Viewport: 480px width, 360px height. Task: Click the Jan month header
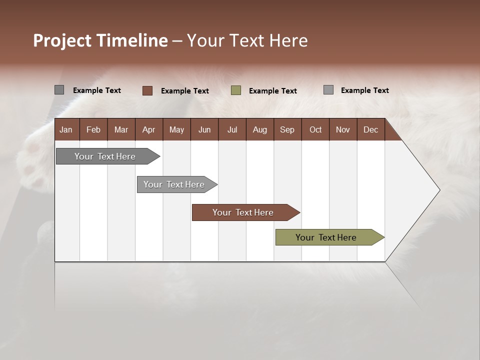click(66, 129)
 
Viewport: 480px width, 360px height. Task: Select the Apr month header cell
click(148, 129)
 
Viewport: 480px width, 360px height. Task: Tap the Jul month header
click(232, 129)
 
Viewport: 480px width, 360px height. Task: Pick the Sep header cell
click(287, 129)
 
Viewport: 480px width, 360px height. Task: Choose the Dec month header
click(370, 129)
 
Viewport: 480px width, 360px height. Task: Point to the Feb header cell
click(93, 129)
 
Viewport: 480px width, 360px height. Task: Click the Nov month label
click(342, 129)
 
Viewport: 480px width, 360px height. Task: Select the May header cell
click(176, 129)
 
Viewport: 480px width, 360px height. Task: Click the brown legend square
click(147, 90)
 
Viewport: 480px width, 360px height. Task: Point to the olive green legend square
click(236, 90)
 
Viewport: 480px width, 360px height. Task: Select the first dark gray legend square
click(59, 90)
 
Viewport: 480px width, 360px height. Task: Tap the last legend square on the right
click(328, 90)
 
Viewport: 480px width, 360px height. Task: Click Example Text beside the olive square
click(272, 91)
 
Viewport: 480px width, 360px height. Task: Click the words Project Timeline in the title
click(100, 40)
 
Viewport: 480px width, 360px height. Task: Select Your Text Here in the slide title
click(247, 40)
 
